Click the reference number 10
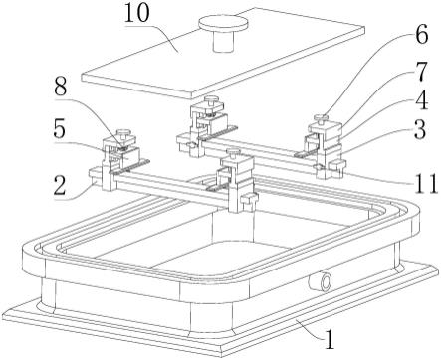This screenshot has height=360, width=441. point(137,14)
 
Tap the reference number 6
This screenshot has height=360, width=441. point(422,35)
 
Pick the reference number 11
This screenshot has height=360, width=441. point(426,183)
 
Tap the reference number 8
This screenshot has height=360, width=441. point(60,88)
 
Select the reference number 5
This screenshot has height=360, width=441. point(59,129)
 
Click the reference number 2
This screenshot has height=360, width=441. point(60,186)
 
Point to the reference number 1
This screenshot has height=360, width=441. point(329,339)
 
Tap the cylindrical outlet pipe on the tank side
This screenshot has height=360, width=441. point(320,282)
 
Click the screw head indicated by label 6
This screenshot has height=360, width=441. point(322,117)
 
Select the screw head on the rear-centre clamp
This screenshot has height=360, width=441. point(211,99)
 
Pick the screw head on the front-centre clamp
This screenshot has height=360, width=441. point(233,151)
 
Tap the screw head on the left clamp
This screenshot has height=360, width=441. point(123,132)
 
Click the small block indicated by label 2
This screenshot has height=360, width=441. point(96,175)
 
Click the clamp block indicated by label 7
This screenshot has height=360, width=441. point(326,130)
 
